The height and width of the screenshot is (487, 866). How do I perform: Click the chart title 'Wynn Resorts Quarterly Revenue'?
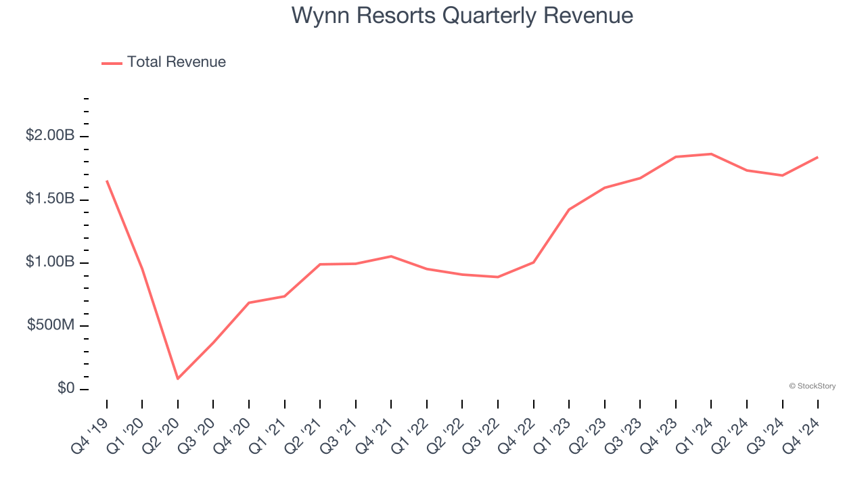(x=462, y=16)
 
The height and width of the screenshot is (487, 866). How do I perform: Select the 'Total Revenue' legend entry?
(x=176, y=62)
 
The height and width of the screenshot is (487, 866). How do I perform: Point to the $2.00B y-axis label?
(x=50, y=136)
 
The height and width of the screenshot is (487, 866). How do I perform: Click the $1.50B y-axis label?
(x=50, y=199)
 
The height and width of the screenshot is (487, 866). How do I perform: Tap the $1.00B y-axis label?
(x=50, y=262)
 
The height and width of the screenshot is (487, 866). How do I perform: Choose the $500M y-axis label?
(x=51, y=325)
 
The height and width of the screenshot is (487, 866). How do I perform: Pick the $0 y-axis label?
(x=66, y=389)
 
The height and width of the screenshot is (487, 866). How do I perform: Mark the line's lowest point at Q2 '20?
(x=178, y=379)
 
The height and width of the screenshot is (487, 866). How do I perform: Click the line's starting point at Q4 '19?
(x=107, y=181)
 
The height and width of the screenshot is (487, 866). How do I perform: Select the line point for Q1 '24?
(x=711, y=154)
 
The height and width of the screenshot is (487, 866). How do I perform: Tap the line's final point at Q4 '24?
(x=818, y=157)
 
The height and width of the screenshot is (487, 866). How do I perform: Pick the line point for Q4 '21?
(x=391, y=256)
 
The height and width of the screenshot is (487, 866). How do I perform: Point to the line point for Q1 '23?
(x=569, y=210)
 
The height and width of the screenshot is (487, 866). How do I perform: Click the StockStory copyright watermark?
(x=812, y=386)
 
